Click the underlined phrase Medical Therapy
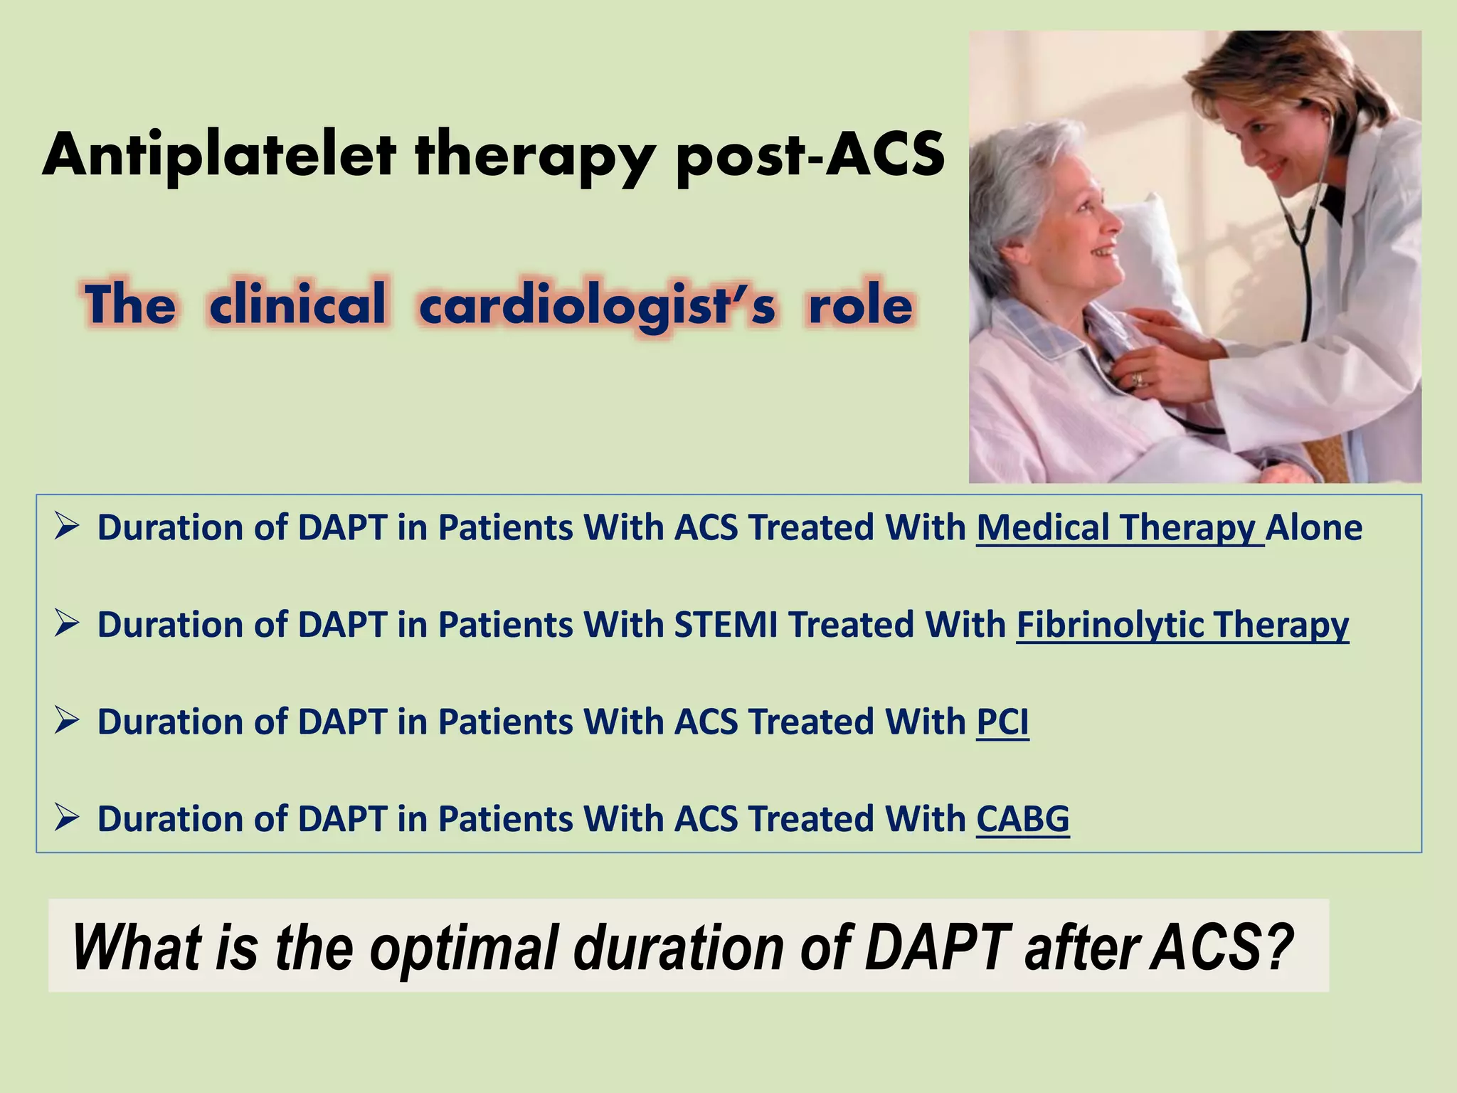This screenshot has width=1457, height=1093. [x=1118, y=528]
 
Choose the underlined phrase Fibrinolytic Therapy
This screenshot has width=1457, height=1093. [x=1182, y=625]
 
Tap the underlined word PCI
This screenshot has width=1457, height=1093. [x=1002, y=722]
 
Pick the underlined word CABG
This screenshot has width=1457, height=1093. [x=1022, y=818]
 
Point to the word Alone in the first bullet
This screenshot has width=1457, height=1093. [x=1314, y=528]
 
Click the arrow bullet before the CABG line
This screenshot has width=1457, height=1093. [x=65, y=818]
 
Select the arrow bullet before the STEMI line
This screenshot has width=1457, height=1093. [x=65, y=625]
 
